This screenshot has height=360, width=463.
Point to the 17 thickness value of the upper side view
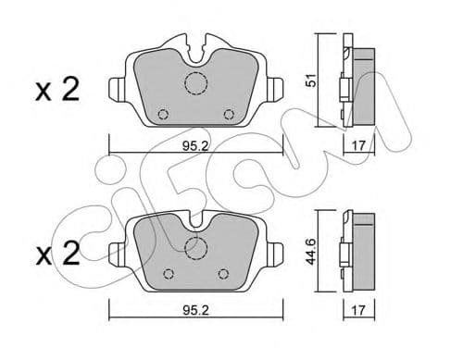click(x=359, y=143)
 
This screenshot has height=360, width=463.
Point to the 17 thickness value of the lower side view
click(x=359, y=312)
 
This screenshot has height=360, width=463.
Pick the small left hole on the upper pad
click(x=163, y=115)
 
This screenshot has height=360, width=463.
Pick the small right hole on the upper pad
click(x=231, y=115)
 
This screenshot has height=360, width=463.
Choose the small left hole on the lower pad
click(x=168, y=274)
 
